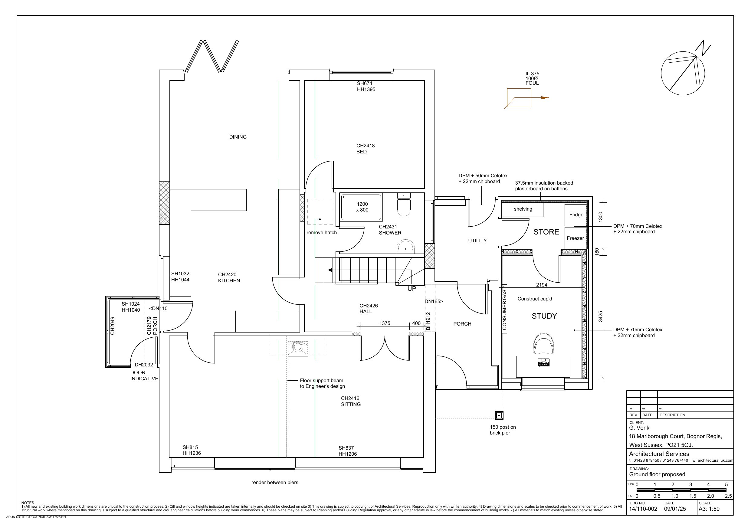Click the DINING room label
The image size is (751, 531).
pos(238,137)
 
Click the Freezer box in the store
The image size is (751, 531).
pos(575,238)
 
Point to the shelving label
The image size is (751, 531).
pos(523,209)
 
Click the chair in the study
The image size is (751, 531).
pos(543,343)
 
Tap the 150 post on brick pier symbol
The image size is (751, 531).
pos(499,415)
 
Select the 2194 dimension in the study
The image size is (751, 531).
pos(541,285)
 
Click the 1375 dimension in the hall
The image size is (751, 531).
pos(385,323)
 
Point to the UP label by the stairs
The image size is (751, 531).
pos(412,289)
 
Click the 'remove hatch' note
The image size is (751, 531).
pos(322,233)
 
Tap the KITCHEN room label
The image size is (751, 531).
pos(229,280)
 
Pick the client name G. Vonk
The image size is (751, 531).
pos(639,428)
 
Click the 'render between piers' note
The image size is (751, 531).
pos(275,482)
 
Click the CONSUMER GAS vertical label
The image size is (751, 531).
pos(504,310)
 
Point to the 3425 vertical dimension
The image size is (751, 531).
pos(601,316)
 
